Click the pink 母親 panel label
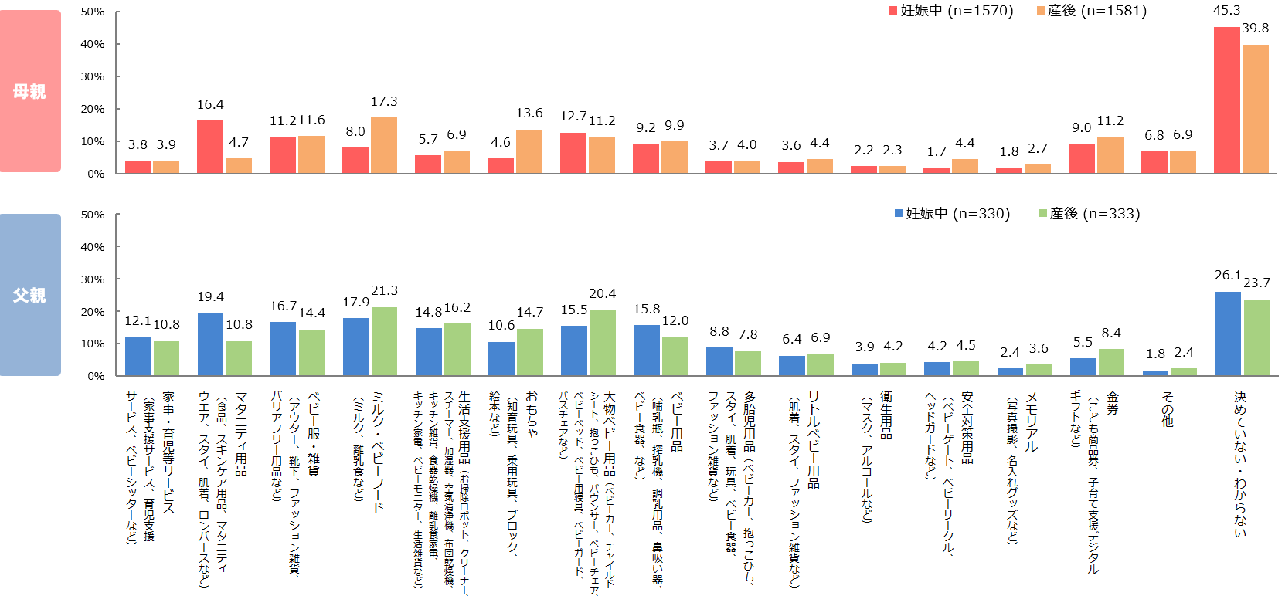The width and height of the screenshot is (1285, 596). tap(30, 91)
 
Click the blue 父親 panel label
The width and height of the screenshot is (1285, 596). tap(30, 295)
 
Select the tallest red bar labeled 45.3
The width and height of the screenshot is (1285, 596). tap(1226, 100)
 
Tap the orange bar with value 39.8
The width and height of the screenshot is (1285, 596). tap(1256, 109)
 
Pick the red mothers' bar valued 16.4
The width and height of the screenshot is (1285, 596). tap(210, 147)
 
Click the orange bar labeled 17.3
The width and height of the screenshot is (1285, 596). tap(384, 145)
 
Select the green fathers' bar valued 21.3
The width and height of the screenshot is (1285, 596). tap(384, 341)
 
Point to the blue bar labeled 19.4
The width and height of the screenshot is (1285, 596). tap(210, 344)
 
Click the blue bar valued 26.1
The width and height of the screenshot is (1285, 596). tap(1228, 334)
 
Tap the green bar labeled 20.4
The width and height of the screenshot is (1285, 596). tap(603, 343)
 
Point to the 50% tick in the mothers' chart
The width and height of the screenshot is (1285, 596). tap(93, 12)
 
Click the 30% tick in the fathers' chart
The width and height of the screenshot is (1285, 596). tap(93, 279)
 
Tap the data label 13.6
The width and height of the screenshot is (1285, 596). tap(529, 113)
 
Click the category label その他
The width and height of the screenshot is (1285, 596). tap(1168, 409)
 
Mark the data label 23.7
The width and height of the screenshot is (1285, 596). tap(1256, 283)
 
